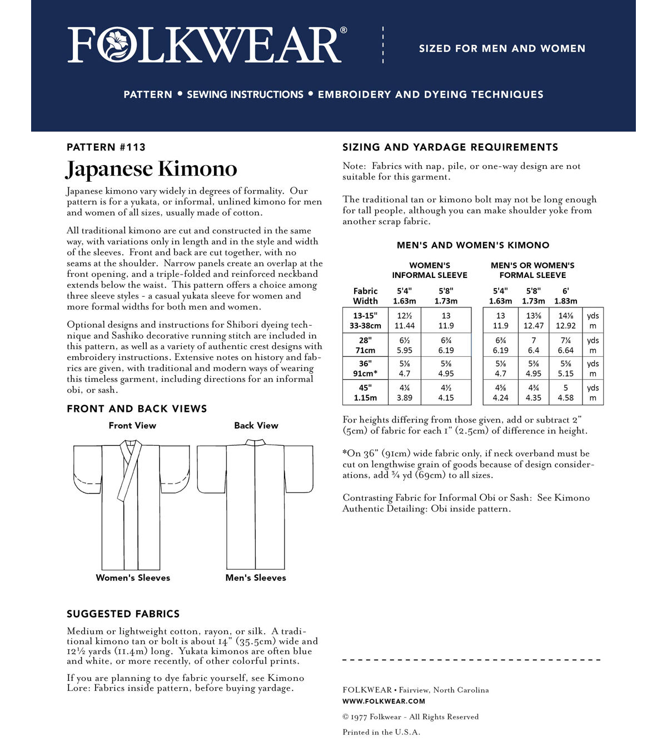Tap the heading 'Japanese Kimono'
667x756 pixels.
point(151,169)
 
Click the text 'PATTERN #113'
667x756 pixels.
point(106,147)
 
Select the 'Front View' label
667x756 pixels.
point(132,426)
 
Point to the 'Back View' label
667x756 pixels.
point(256,426)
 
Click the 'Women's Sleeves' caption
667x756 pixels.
point(133,578)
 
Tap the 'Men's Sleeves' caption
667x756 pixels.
point(256,578)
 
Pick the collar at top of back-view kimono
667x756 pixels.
point(256,442)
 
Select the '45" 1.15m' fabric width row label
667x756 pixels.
point(365,392)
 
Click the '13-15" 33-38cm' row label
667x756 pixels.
point(365,320)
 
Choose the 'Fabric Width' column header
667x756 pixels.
point(365,296)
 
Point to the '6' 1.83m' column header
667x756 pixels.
point(565,296)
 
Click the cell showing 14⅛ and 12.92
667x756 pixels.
point(565,320)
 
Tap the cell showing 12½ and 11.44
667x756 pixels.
point(404,320)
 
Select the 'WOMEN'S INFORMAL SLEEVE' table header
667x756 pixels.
point(430,270)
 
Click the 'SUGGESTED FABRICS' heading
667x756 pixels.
point(123,614)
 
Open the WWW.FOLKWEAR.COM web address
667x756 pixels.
point(384,702)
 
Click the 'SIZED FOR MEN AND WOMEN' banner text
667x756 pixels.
point(502,49)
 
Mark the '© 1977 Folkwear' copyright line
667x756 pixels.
point(410,717)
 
